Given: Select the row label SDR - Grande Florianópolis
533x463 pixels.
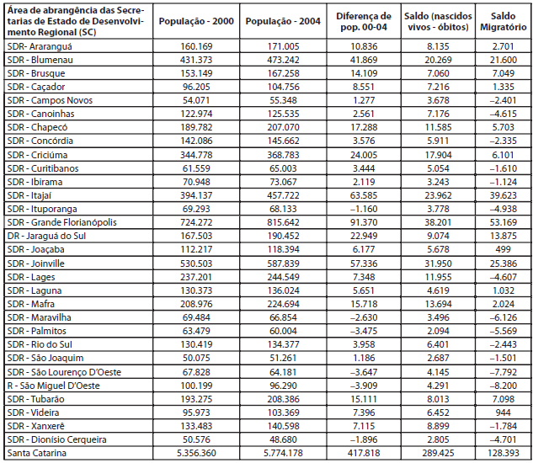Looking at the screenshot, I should [x=61, y=222].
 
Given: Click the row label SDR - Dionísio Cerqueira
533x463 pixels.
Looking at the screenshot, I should [x=56, y=439].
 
